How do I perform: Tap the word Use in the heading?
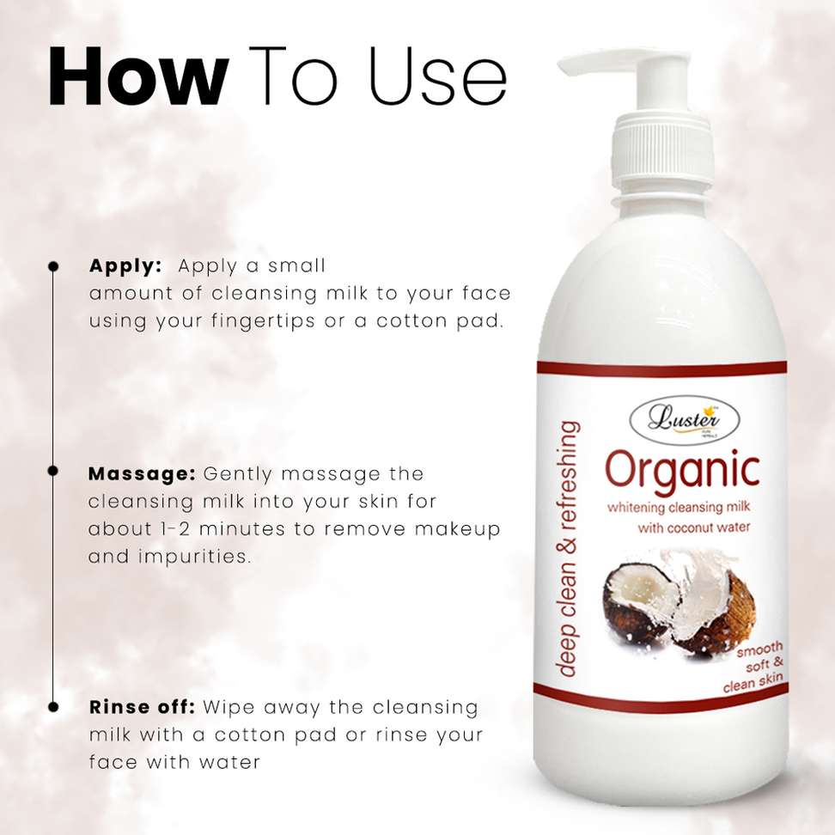coord(438,76)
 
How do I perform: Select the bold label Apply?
coord(125,266)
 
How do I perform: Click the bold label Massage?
coord(142,473)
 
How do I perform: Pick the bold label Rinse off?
coord(143,707)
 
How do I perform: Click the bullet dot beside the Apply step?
coord(53,265)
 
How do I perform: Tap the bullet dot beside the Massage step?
coord(52,471)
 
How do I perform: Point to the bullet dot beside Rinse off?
coord(53,707)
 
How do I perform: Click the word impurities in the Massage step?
coord(194,557)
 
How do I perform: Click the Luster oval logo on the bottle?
coord(685,419)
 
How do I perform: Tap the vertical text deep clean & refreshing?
coord(568,548)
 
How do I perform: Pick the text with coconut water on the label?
coord(694,527)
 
